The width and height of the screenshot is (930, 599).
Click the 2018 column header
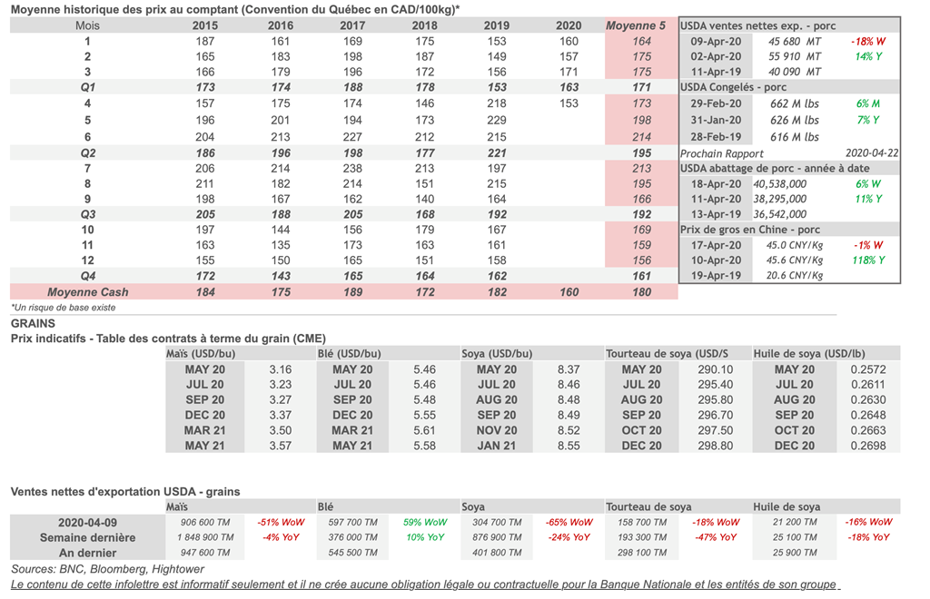pos(424,25)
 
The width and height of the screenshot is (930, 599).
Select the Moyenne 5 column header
pos(635,25)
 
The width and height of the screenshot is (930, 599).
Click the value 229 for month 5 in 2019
pos(497,120)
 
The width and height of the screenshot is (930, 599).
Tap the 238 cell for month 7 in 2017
pos(352,168)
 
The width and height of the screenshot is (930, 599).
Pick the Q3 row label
pos(88,214)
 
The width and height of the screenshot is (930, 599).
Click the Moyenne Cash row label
pos(88,291)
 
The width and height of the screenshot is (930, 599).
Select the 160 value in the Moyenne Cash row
pos(569,291)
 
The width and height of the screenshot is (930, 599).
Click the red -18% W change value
pos(867,42)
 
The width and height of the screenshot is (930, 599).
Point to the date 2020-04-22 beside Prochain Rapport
pos(872,152)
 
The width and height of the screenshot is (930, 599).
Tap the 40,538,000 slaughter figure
pos(780,183)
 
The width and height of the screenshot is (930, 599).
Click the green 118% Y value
pos(867,260)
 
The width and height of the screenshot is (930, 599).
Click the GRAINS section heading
pos(33,323)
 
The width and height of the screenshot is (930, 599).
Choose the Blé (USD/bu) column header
pos(350,354)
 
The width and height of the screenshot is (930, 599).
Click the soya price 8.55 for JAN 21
pos(569,446)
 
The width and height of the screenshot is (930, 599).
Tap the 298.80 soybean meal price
pos(716,446)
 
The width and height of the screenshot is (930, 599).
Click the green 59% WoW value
pos(425,522)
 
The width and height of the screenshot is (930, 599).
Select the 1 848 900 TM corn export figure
pos(204,537)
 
